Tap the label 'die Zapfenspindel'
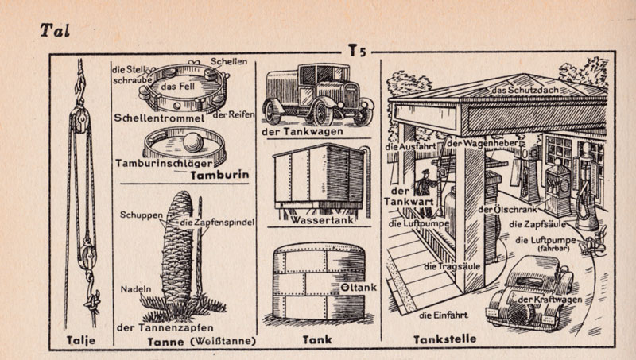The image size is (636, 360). click(216, 222)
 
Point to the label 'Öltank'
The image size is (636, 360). click(358, 287)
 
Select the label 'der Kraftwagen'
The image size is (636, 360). click(549, 300)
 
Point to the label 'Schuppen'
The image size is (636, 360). click(142, 215)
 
